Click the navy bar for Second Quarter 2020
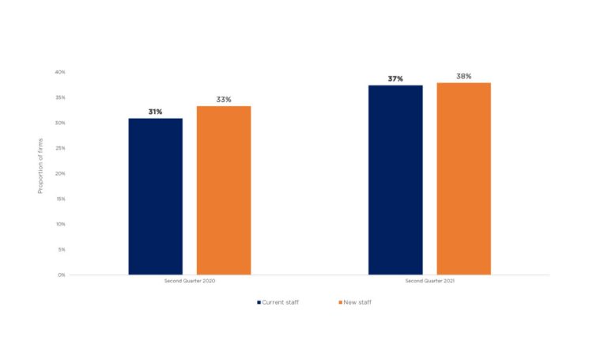(156, 196)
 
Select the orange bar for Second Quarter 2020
(224, 190)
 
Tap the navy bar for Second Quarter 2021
(395, 180)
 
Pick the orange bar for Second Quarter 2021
(463, 178)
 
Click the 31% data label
(156, 112)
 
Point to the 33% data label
(224, 100)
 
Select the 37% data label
(395, 79)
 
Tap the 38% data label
(463, 76)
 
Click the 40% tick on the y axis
(60, 72)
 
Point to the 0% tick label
(62, 275)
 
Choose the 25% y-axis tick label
(60, 148)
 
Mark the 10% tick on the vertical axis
(60, 224)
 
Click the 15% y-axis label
(60, 199)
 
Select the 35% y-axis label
(60, 97)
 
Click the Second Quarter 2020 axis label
(190, 282)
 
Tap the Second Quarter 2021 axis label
(429, 282)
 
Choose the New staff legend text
(356, 302)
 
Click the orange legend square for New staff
(338, 302)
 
